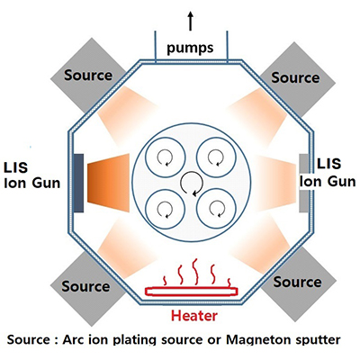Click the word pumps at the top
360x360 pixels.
coord(190,48)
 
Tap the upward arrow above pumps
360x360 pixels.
coord(190,21)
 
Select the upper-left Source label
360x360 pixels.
coord(88,75)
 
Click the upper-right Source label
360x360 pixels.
coord(295,77)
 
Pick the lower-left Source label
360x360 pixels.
coord(85,286)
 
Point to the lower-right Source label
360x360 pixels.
coord(297,282)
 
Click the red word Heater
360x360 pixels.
coord(194,316)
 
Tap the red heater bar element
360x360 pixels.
coord(192,291)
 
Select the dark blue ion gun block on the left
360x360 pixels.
coord(78,183)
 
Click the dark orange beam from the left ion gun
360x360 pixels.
coord(108,183)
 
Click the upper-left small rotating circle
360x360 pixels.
coord(165,157)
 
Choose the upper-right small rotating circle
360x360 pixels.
coord(216,157)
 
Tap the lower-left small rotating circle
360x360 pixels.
coord(165,209)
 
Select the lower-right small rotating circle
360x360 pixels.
coord(216,209)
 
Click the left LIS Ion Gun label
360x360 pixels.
coord(31,175)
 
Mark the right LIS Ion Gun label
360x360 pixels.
coord(328,173)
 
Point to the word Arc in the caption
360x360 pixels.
coord(71,340)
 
